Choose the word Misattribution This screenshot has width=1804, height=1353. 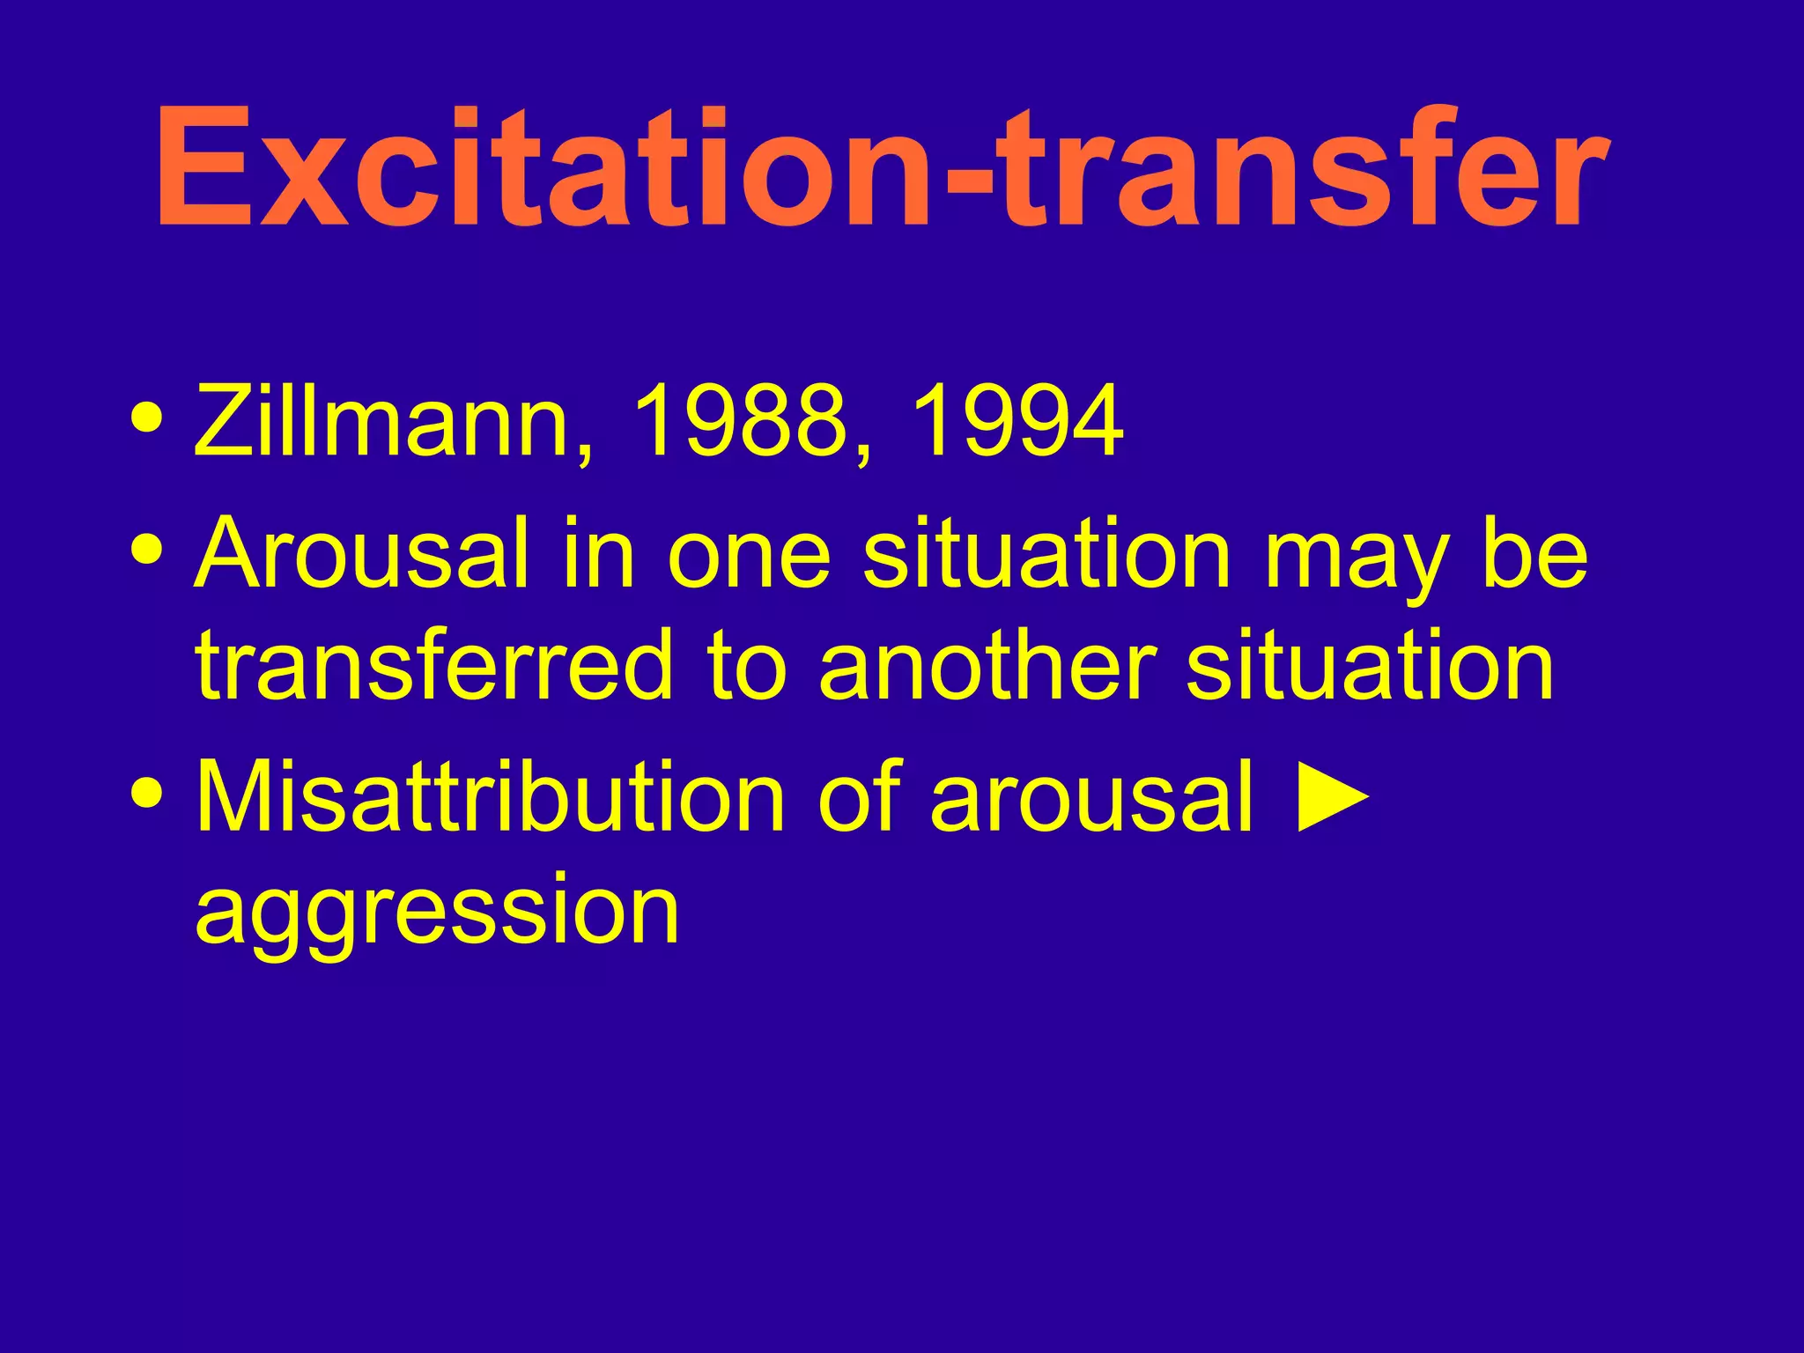click(x=490, y=797)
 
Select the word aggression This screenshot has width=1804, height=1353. click(x=437, y=912)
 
